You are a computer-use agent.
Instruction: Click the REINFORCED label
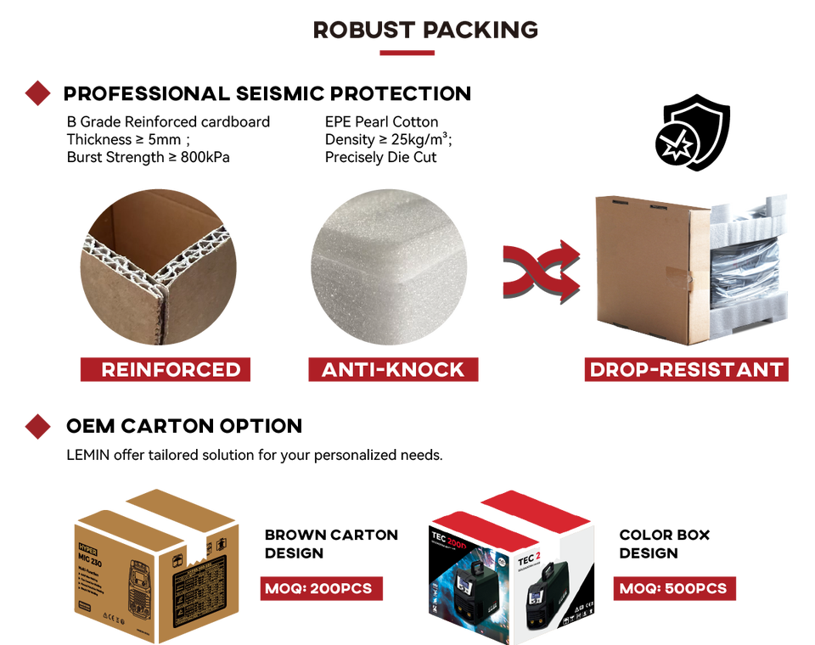click(x=165, y=370)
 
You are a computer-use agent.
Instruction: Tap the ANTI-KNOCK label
click(x=393, y=370)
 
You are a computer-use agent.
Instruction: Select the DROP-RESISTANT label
click(x=686, y=370)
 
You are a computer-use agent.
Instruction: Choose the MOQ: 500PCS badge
click(x=673, y=588)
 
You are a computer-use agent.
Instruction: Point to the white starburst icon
click(x=677, y=147)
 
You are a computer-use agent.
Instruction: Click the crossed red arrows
click(x=540, y=270)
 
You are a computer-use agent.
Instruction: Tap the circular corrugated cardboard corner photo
click(x=158, y=266)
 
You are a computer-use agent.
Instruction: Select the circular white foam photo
click(x=388, y=266)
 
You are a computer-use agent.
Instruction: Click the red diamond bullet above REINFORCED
click(x=37, y=93)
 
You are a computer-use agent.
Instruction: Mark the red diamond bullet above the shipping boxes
click(x=37, y=426)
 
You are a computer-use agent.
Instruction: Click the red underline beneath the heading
click(x=407, y=53)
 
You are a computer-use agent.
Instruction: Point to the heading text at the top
click(x=425, y=30)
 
